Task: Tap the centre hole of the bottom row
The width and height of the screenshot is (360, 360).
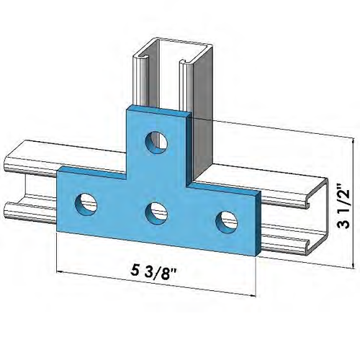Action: (x=156, y=212)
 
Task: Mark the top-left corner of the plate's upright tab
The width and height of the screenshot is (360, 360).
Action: (x=127, y=107)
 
